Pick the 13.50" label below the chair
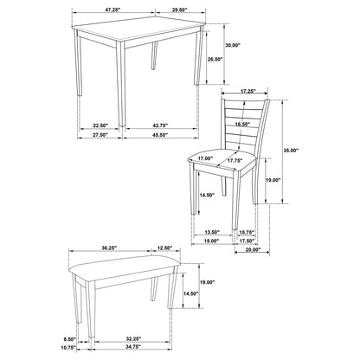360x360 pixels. (x=213, y=232)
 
